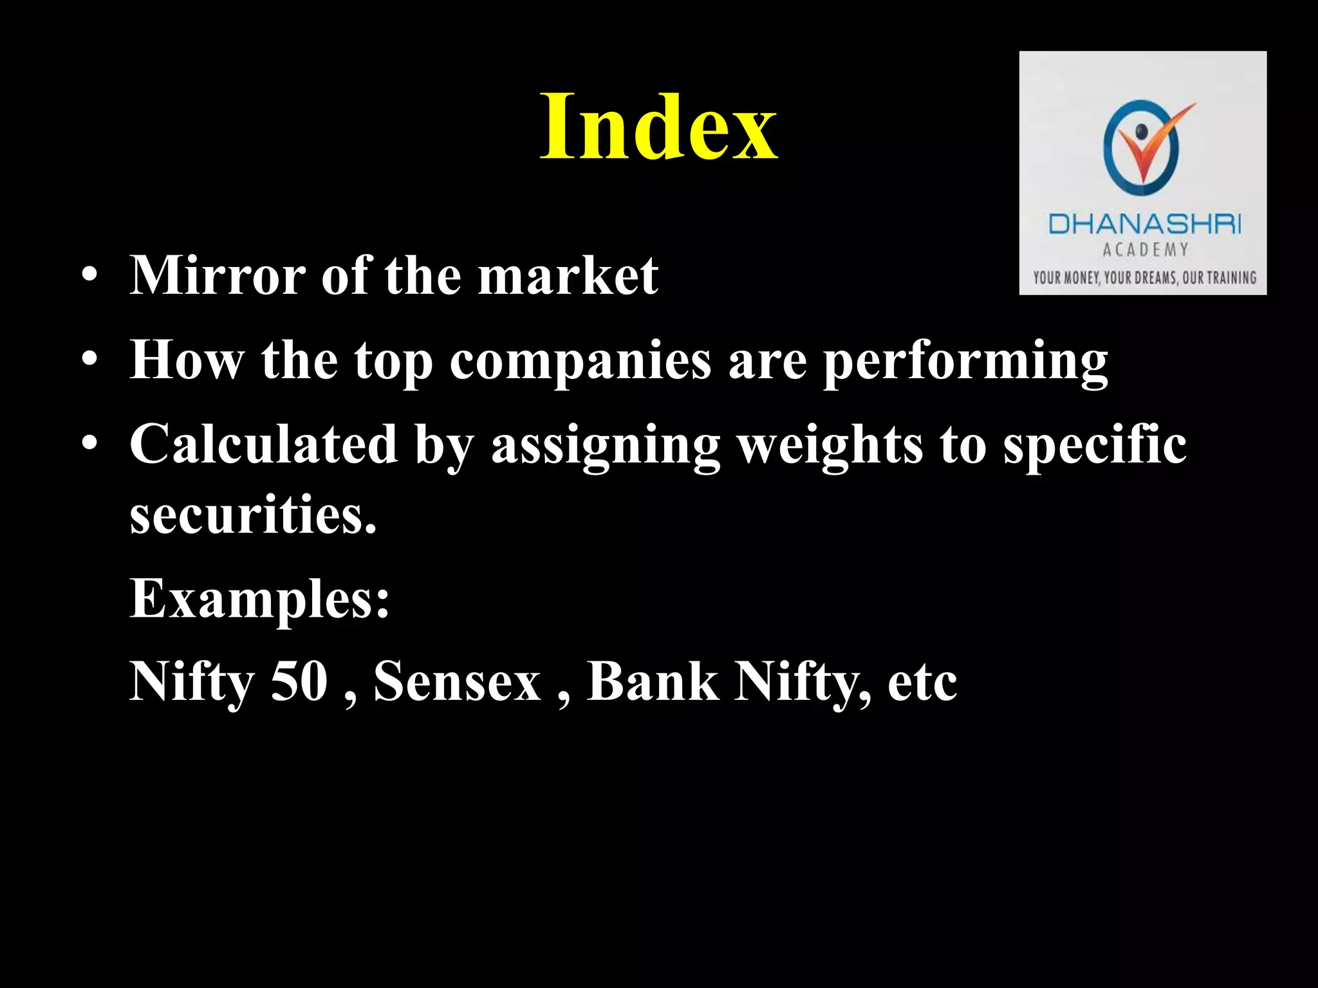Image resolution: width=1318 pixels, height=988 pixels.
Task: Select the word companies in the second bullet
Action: point(580,360)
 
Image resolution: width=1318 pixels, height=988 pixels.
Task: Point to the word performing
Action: point(965,361)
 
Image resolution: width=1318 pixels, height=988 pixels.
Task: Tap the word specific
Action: point(1095,445)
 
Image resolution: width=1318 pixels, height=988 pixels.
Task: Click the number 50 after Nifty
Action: point(299,682)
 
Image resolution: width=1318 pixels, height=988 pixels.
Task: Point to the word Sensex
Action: point(458,682)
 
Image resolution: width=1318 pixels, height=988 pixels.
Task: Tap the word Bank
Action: point(653,682)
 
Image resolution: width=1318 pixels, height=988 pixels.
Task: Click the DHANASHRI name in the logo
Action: point(1144,224)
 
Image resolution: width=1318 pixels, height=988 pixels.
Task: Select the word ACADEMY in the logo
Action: point(1145,250)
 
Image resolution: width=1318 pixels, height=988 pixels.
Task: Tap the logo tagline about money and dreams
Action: point(1144,278)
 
